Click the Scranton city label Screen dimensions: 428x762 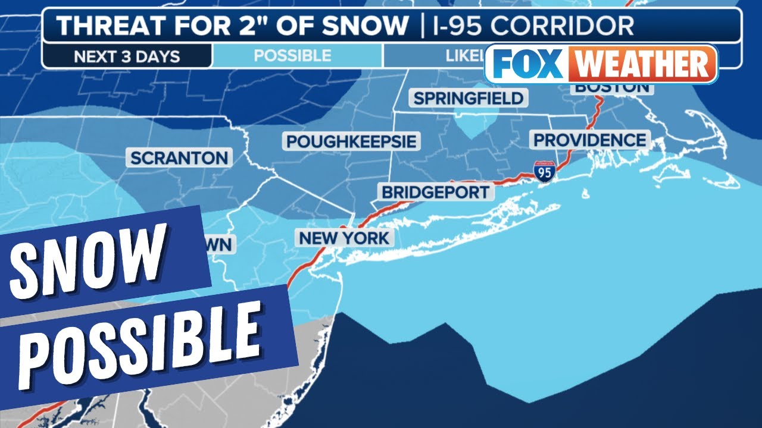(179, 158)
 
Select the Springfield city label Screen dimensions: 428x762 (468, 98)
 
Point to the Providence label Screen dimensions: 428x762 (589, 140)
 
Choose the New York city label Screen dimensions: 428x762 (344, 238)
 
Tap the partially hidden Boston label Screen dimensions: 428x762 (611, 89)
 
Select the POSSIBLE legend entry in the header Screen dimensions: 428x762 (292, 56)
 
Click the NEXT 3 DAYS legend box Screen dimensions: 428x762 (127, 56)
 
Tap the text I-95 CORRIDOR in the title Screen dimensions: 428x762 (533, 26)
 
